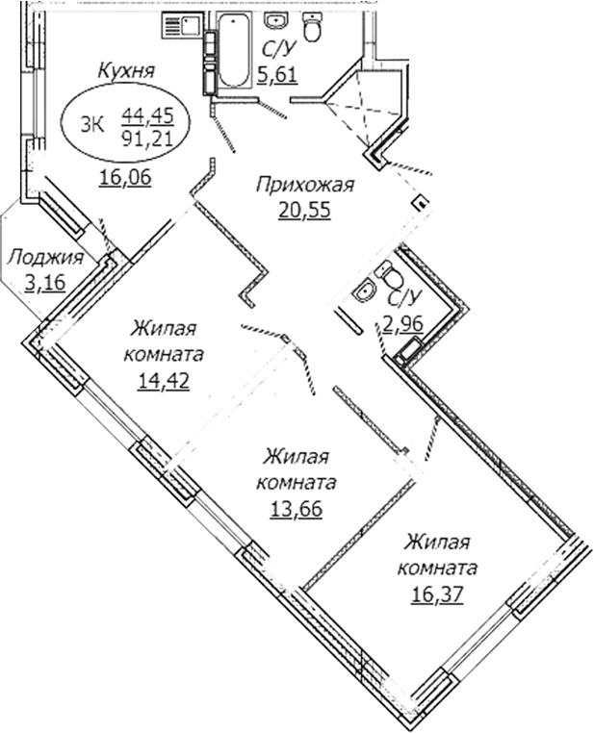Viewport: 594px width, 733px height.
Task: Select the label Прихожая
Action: [305, 185]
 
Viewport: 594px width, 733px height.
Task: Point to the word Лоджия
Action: [44, 257]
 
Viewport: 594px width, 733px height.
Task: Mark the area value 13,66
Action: [297, 507]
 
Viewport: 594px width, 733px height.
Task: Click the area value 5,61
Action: [279, 76]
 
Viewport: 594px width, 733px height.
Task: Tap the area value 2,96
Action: [405, 324]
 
